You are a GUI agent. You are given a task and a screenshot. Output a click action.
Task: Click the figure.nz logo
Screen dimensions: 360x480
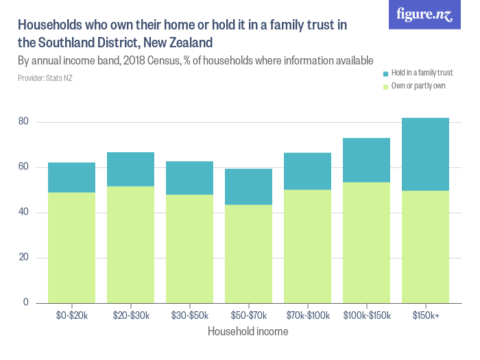[424, 15]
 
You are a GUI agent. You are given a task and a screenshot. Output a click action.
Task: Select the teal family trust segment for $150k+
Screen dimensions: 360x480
[425, 154]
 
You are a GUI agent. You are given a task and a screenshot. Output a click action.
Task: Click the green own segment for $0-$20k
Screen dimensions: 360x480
[71, 247]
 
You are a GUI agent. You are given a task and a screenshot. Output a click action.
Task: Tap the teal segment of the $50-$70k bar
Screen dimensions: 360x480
[248, 187]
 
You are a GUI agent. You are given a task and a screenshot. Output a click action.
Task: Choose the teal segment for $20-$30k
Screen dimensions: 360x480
[130, 169]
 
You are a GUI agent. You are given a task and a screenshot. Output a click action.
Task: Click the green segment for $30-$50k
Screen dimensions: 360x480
[189, 248]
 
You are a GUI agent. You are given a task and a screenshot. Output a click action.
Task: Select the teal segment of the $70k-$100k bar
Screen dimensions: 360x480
[307, 171]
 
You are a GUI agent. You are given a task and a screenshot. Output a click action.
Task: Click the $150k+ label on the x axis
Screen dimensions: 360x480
[425, 315]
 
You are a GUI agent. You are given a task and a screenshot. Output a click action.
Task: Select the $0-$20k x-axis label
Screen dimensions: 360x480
[71, 315]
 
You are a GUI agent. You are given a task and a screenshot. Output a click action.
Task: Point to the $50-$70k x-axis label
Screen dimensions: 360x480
[248, 315]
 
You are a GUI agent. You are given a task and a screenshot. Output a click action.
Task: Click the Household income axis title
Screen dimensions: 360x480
[248, 331]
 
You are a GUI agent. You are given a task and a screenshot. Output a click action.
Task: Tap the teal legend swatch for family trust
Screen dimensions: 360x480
[386, 73]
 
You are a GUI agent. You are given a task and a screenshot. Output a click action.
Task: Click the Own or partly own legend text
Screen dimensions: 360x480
[418, 86]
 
